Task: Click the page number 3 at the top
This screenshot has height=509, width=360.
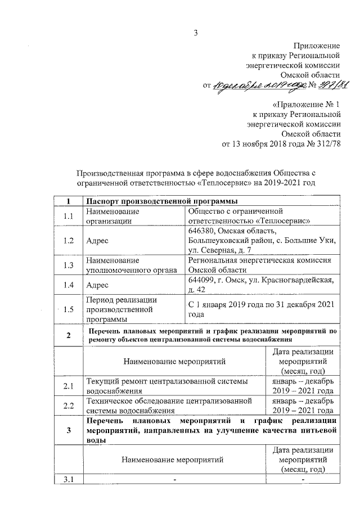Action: coord(196,32)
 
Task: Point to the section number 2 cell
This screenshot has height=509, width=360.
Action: coord(69,336)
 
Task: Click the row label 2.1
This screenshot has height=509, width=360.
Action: coord(69,386)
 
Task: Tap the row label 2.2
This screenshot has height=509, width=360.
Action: coord(69,406)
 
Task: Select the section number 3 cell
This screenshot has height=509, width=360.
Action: coord(69,431)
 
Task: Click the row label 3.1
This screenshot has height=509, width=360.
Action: coord(69,479)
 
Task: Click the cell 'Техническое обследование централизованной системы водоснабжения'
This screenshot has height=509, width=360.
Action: coord(173,406)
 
